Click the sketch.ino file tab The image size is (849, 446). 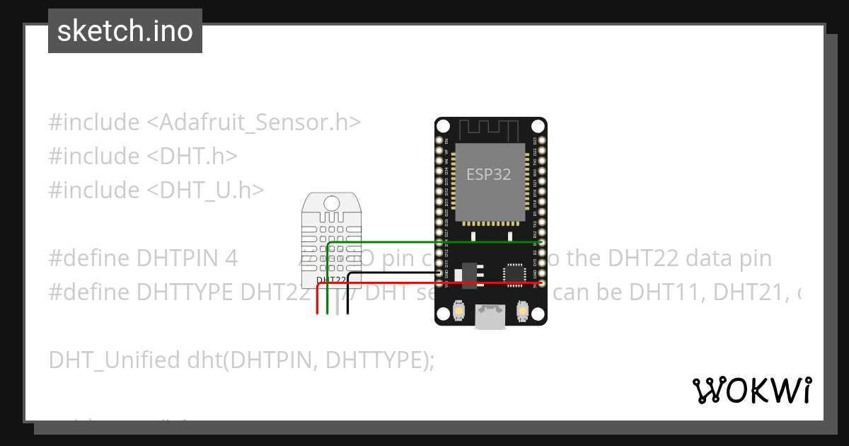pos(125,31)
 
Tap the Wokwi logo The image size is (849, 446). pos(751,390)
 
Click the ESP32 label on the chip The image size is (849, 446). pos(488,174)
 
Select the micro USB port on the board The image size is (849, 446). pos(490,316)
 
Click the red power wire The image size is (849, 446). pos(439,283)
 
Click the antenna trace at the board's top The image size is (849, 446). pos(490,130)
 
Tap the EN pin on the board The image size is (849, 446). pos(439,142)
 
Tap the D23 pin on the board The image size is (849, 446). pos(541,142)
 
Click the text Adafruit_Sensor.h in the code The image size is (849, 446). pos(254,122)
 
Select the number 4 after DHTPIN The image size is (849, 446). pos(231,258)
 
